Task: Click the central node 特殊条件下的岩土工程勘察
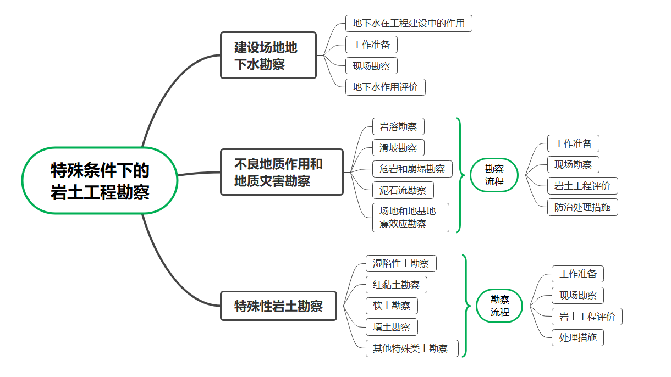(x=100, y=180)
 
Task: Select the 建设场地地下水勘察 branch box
(x=268, y=56)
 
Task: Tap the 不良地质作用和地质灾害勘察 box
(x=282, y=172)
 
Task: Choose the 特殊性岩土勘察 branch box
(x=278, y=306)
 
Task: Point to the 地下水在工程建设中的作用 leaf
(x=409, y=24)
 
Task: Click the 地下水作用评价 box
(x=385, y=87)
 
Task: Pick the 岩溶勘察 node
(x=398, y=126)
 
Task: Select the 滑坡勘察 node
(x=398, y=148)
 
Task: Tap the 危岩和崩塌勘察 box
(x=412, y=169)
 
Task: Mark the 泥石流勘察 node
(x=403, y=190)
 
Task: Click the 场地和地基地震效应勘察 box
(x=410, y=217)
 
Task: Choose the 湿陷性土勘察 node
(x=401, y=263)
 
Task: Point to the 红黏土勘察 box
(x=396, y=285)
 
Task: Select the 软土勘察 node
(x=392, y=306)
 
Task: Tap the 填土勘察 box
(x=392, y=327)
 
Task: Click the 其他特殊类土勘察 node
(x=412, y=348)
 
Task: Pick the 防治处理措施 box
(x=582, y=207)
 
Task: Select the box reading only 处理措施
(x=577, y=337)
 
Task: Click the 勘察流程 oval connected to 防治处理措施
(x=494, y=175)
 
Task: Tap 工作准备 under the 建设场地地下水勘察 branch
(x=371, y=45)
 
